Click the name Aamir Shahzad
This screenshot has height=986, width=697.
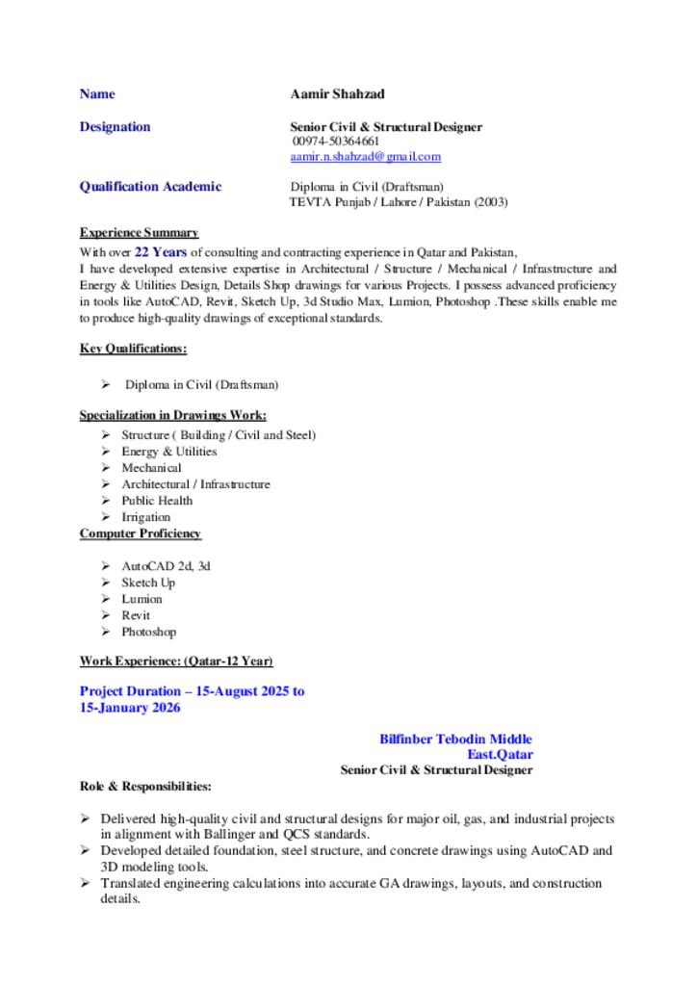[x=337, y=94]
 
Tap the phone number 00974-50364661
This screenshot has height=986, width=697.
[x=335, y=142]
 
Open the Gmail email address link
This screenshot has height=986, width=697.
[x=365, y=156]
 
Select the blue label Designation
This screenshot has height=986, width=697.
[x=115, y=127]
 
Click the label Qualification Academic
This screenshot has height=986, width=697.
[x=150, y=187]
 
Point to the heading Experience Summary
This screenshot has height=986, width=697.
[x=139, y=233]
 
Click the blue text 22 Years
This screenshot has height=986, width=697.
[x=160, y=252]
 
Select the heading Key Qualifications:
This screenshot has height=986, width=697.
[x=133, y=349]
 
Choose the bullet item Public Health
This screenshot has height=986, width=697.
[x=156, y=501]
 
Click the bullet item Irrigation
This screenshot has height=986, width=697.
[x=145, y=517]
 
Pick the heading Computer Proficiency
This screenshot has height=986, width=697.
[x=141, y=533]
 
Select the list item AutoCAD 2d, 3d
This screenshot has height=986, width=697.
[x=166, y=566]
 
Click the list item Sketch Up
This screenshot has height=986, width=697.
[x=147, y=583]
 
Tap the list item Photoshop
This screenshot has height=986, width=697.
[x=148, y=632]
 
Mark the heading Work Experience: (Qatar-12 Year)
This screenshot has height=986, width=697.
[x=176, y=662]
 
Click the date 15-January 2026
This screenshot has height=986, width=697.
[x=129, y=708]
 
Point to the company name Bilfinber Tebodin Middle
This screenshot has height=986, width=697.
[x=455, y=739]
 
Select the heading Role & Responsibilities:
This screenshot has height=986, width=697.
[x=145, y=787]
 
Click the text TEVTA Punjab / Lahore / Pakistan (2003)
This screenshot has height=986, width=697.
[x=399, y=202]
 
